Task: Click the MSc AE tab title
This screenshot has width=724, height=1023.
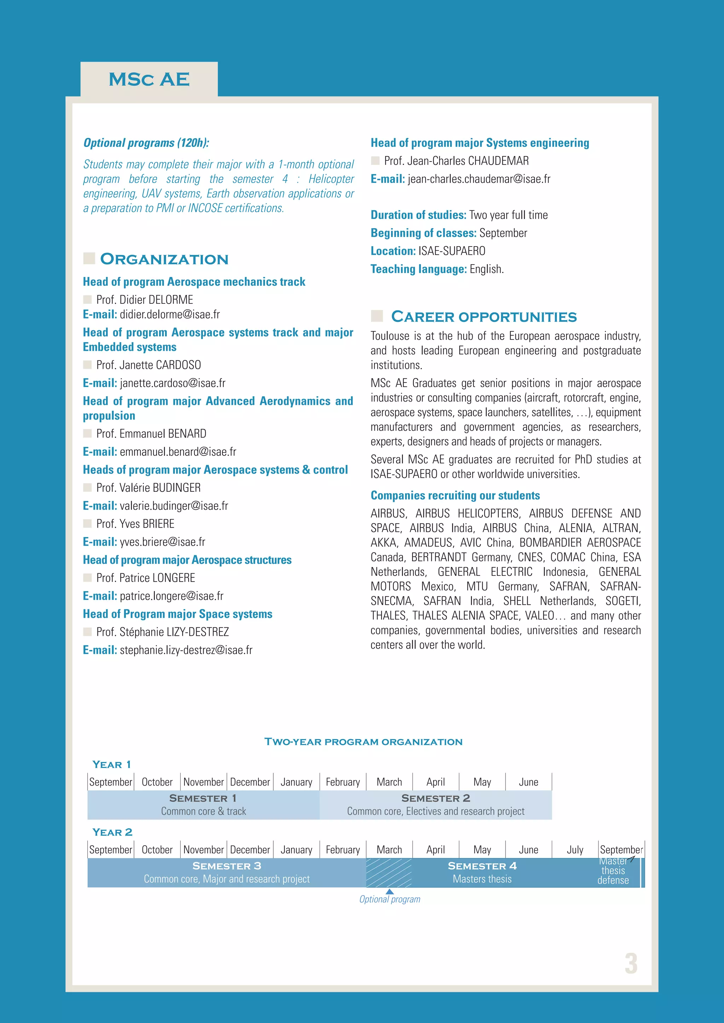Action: tap(149, 79)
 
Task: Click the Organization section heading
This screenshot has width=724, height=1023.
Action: tap(164, 259)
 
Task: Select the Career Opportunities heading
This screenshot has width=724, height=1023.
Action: tap(484, 317)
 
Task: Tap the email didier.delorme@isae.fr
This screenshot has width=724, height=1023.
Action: tap(169, 314)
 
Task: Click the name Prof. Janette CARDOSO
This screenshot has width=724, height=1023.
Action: tap(148, 365)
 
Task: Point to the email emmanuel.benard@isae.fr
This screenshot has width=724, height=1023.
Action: tap(178, 452)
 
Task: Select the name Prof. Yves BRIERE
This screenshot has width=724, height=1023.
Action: tap(135, 524)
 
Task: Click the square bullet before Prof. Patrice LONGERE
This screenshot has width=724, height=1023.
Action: tap(87, 578)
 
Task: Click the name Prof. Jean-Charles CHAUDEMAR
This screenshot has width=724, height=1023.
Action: tap(456, 161)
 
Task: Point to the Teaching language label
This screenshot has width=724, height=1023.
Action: tap(418, 269)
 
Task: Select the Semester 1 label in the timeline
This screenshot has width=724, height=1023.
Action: tap(203, 798)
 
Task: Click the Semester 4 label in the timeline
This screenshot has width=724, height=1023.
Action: tap(482, 866)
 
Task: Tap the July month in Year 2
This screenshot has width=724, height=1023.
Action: tap(575, 850)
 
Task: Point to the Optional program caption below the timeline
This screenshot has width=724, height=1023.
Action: tap(390, 899)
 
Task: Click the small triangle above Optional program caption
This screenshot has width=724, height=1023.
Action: tap(390, 892)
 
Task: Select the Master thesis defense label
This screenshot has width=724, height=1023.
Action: tap(613, 871)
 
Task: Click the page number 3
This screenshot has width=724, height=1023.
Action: tap(631, 963)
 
